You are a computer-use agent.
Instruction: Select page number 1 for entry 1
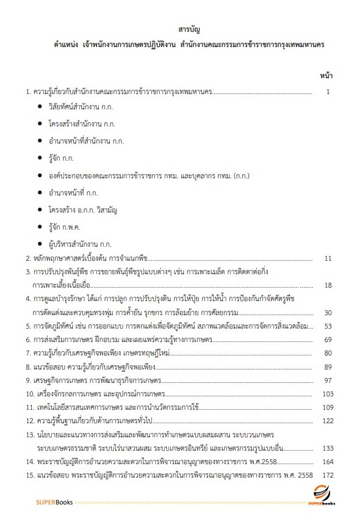click(328, 92)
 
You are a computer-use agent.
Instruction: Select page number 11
click(328, 258)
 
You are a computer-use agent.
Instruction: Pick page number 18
click(328, 285)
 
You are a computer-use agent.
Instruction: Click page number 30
click(328, 312)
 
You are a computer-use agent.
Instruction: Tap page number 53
click(328, 326)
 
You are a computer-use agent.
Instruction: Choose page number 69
click(328, 339)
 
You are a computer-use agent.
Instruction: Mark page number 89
click(328, 366)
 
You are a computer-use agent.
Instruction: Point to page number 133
click(326, 448)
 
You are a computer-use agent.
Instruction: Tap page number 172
click(326, 475)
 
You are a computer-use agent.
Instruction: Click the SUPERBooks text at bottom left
click(55, 503)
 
